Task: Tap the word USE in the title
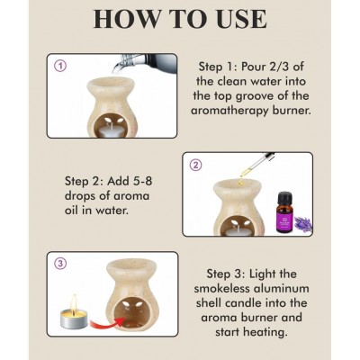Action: click(x=238, y=19)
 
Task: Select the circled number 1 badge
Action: click(x=61, y=66)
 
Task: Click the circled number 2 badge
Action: click(x=196, y=165)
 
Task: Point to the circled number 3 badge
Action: click(x=60, y=264)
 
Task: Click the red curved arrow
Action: click(x=106, y=323)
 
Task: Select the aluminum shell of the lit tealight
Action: click(x=74, y=319)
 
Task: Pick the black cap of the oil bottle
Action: click(x=285, y=198)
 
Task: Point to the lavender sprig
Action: click(x=303, y=224)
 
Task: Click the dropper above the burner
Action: click(x=257, y=165)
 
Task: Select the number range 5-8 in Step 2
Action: click(x=138, y=181)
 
